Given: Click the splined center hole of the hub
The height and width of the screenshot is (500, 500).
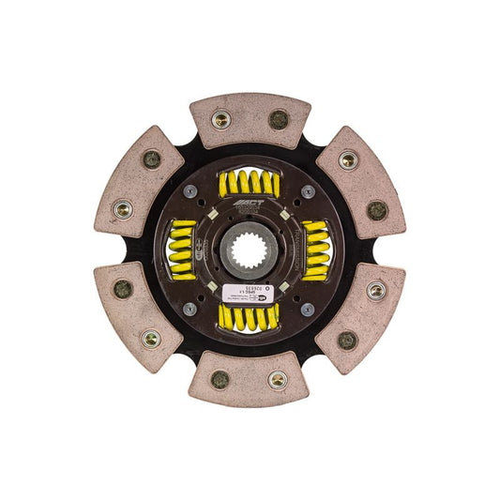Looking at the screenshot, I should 249,250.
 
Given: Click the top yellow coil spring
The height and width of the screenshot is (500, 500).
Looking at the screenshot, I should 249,183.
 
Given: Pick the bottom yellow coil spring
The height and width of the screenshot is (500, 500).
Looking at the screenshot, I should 249,317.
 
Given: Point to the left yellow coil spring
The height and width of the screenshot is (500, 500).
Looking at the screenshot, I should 182,250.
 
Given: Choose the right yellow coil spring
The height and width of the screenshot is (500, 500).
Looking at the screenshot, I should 316,250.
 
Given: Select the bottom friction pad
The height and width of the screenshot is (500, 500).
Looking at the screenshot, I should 249,378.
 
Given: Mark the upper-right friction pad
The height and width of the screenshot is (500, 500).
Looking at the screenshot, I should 360,184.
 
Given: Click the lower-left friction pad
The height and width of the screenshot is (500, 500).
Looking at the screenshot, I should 138,314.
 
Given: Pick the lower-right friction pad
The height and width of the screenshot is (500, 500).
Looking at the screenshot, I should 360,314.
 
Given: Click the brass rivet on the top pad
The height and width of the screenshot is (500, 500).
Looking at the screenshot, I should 221,119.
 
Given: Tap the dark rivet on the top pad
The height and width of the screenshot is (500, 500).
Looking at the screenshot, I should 279,119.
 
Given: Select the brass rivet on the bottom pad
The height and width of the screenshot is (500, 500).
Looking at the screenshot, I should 277,380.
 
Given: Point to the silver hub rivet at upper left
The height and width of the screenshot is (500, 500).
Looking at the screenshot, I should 190,191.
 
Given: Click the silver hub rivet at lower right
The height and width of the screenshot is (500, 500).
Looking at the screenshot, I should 308,309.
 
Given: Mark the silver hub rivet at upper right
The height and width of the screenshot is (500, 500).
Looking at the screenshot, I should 308,191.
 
